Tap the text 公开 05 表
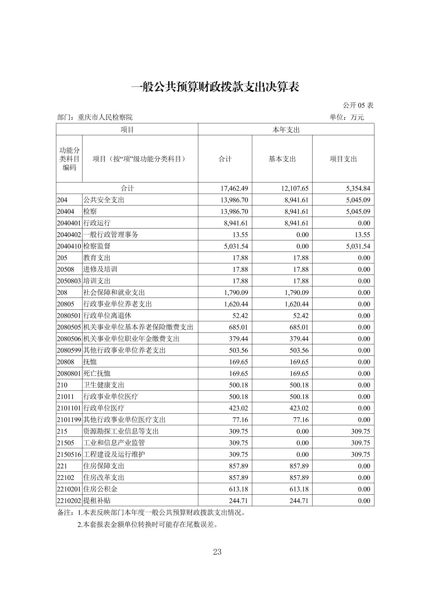[x=358, y=106]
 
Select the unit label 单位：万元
[x=346, y=117]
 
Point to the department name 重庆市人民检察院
[x=105, y=117]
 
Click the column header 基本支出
[x=282, y=159]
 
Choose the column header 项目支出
[x=343, y=159]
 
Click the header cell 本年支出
[x=286, y=130]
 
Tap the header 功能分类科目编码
[x=69, y=159]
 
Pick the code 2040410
[x=69, y=246]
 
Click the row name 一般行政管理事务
[x=111, y=235]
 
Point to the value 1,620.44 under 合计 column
[x=234, y=304]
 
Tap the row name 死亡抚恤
[x=97, y=374]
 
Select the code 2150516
[x=69, y=455]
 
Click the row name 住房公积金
[x=100, y=489]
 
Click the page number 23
[x=217, y=552]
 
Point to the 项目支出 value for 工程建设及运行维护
[x=360, y=455]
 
